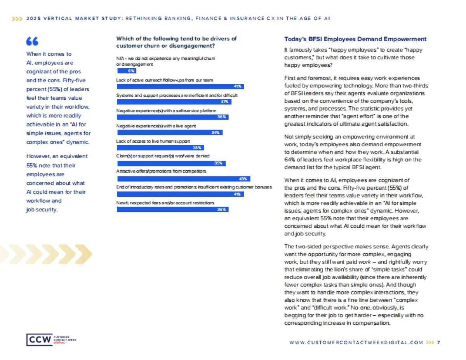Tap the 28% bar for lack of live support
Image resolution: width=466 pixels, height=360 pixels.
[160, 148]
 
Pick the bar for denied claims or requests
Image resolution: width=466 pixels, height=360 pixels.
[171, 163]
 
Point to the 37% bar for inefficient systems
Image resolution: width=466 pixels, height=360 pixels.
[174, 102]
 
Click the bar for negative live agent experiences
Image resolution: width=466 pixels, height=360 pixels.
[170, 132]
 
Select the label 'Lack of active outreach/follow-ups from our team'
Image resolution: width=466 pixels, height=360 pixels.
[164, 80]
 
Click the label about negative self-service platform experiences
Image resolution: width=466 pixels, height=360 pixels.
[166, 111]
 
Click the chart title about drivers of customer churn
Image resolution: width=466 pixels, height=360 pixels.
[176, 42]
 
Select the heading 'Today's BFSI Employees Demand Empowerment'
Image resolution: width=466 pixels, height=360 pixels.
[355, 39]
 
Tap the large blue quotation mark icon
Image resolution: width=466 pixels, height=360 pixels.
[32, 42]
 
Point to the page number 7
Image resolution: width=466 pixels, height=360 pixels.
[438, 343]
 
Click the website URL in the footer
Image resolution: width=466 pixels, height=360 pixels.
[356, 343]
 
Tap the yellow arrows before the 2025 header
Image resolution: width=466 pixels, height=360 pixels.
[17, 18]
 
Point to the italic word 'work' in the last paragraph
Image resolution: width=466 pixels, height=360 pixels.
[360, 262]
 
